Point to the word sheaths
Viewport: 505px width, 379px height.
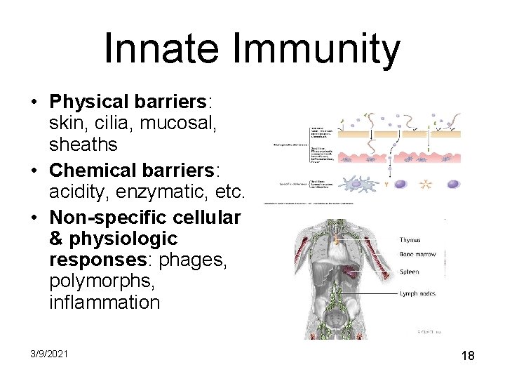click(x=83, y=145)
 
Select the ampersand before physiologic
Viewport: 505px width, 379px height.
click(x=57, y=239)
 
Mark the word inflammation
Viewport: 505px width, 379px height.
click(x=105, y=302)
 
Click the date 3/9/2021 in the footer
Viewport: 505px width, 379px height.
click(x=49, y=354)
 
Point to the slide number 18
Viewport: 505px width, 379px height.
click(x=468, y=356)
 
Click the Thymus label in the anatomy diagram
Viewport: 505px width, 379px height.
click(x=411, y=240)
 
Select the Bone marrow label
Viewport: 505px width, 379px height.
click(x=418, y=255)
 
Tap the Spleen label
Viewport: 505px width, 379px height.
click(x=410, y=271)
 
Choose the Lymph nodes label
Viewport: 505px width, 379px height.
click(x=418, y=293)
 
